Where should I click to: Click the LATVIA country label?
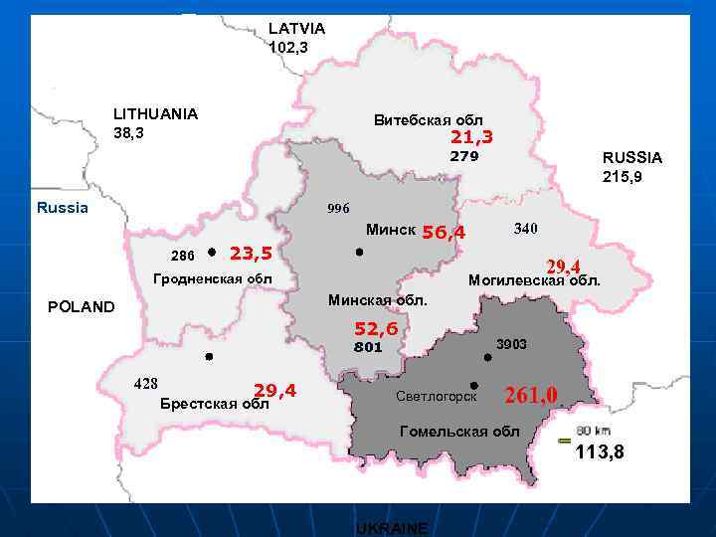[296, 29]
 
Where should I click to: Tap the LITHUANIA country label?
[155, 114]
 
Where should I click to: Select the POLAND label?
[82, 307]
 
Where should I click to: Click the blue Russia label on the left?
[62, 208]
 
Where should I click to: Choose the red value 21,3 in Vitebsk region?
[471, 136]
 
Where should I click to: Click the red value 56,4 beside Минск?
[444, 233]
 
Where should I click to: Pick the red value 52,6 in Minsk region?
[376, 329]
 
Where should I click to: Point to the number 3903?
[511, 344]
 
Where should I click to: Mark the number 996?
[338, 209]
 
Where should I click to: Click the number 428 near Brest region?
[146, 384]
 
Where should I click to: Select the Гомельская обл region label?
[458, 432]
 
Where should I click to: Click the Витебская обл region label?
[428, 120]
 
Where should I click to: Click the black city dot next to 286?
[212, 253]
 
